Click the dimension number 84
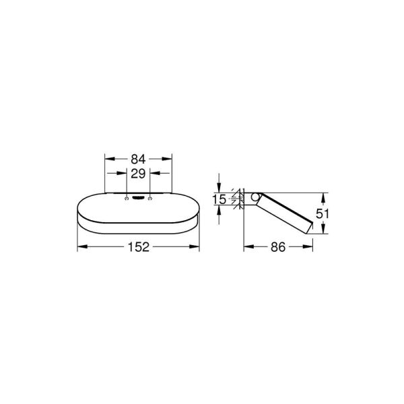(137, 160)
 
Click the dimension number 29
(137, 173)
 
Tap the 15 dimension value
(218, 199)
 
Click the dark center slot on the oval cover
(137, 198)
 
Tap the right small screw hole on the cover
(149, 198)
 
